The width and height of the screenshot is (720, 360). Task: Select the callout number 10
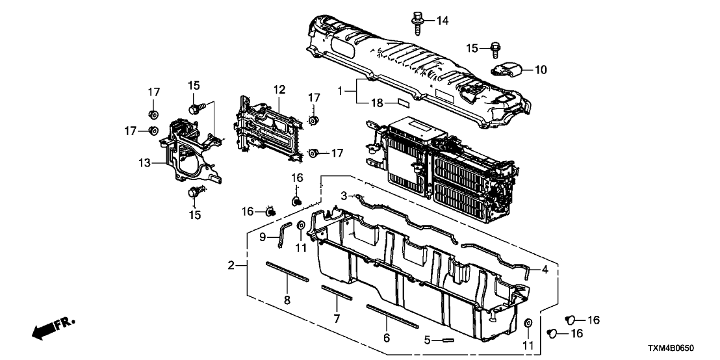click(541, 69)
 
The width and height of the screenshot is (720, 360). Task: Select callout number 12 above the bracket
click(279, 88)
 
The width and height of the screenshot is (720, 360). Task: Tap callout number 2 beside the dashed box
click(231, 266)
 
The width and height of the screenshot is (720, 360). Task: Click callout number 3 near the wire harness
click(344, 194)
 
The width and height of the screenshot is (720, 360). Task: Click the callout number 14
click(442, 21)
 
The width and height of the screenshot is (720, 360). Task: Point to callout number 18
click(376, 103)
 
